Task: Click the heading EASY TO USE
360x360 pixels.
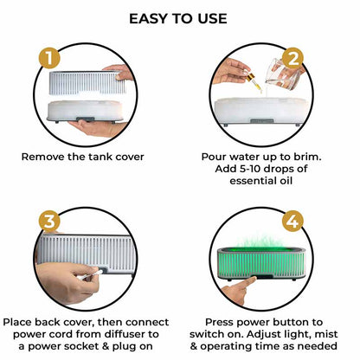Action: (178, 18)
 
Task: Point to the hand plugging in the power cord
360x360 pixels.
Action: (74, 273)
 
